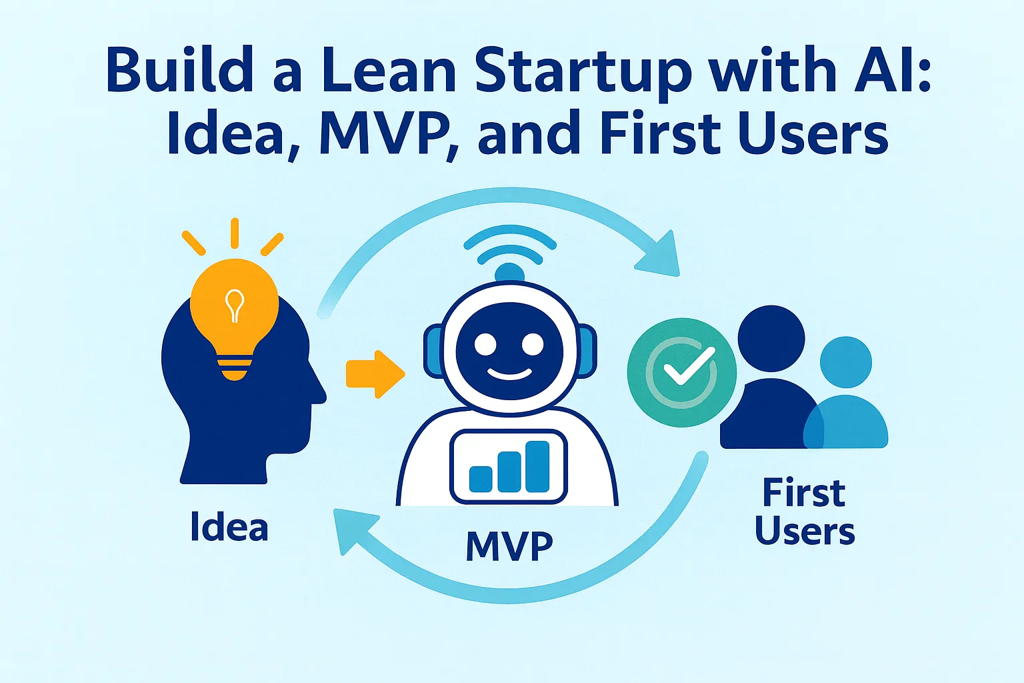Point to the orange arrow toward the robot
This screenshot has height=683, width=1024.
(375, 374)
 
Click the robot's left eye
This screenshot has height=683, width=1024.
(485, 345)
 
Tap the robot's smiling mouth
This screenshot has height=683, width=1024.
(510, 374)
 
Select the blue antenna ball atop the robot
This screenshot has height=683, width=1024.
(510, 272)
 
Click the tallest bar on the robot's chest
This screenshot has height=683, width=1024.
(537, 465)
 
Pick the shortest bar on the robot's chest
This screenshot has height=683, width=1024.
(481, 478)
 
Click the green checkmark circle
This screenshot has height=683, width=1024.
(681, 372)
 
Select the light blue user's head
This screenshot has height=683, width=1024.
(845, 362)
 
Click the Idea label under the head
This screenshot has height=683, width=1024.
(229, 527)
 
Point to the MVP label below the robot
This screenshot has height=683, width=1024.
(509, 546)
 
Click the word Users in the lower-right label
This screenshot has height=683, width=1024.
(805, 532)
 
